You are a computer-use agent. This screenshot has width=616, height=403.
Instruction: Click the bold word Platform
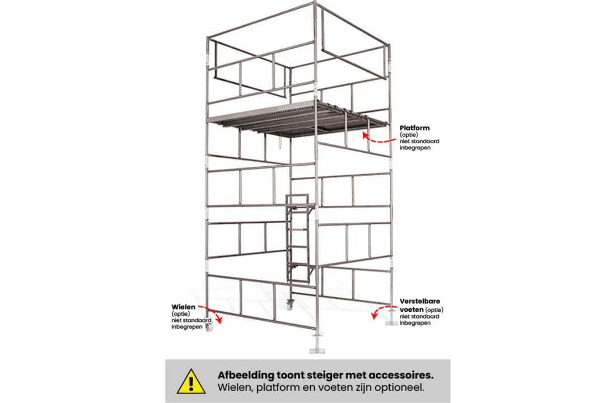414,128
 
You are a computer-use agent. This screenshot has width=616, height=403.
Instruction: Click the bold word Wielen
183,307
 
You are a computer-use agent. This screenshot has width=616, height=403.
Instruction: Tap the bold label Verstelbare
420,301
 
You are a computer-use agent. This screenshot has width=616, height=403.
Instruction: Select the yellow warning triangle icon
191,381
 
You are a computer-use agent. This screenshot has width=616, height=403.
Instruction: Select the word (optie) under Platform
408,135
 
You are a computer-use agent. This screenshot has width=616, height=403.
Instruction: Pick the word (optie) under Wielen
180,314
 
